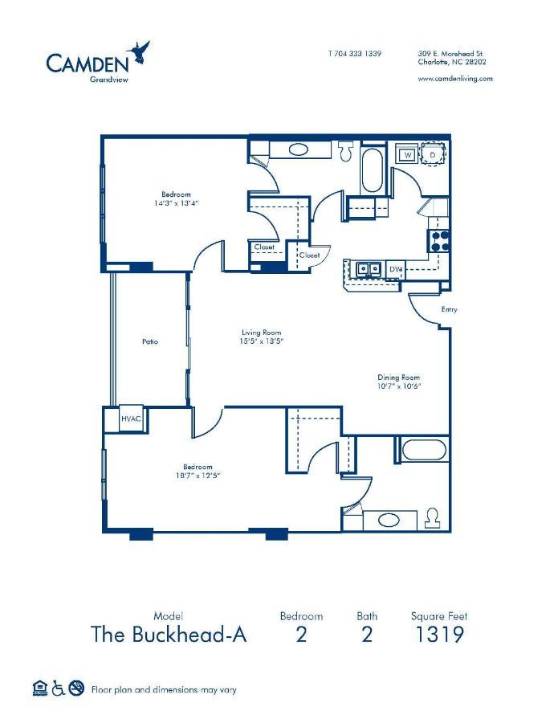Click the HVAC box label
[130, 419]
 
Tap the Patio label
[149, 341]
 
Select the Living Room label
[262, 332]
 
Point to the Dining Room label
[399, 378]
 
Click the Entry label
[449, 309]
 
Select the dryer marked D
[431, 154]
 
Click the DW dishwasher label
[395, 269]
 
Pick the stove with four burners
[439, 238]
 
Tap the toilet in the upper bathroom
[347, 149]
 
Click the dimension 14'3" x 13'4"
[176, 203]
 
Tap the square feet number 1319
[438, 635]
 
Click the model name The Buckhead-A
[169, 635]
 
